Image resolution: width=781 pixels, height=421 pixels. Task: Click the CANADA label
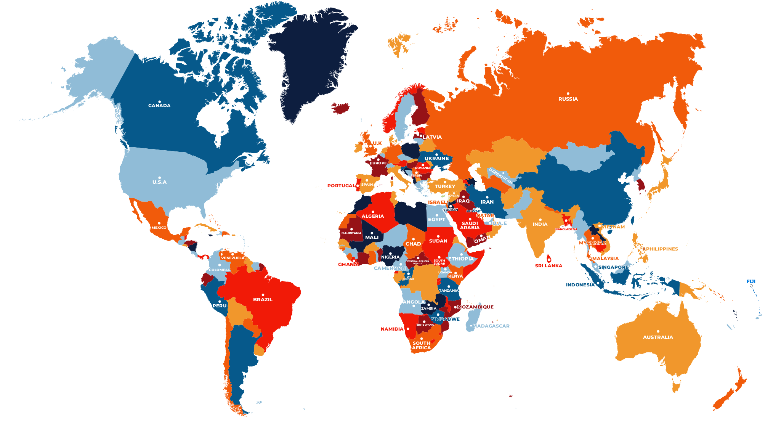pos(159,106)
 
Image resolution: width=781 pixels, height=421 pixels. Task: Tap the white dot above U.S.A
pos(159,178)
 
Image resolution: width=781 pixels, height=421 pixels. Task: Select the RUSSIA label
pos(568,99)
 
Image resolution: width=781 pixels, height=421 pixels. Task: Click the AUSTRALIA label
pos(658,337)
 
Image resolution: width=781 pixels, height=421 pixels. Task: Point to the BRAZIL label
pos(263,300)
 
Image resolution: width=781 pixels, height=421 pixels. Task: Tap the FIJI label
pos(751,281)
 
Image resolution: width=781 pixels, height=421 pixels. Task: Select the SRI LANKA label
pos(548,266)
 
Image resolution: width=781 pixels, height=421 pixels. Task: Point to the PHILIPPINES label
pos(662,249)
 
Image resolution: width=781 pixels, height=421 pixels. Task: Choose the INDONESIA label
pos(580,285)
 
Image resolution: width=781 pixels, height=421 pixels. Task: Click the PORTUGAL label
pos(341,186)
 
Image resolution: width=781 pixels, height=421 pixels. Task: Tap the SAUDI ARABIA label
pos(470,226)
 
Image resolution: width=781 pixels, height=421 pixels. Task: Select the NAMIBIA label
pos(392,329)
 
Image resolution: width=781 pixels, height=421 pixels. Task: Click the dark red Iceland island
pos(341,108)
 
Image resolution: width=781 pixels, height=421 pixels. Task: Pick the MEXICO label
pos(159,228)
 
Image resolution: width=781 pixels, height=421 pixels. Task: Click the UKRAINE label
pos(436,159)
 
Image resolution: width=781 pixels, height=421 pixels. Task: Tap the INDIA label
pos(540,224)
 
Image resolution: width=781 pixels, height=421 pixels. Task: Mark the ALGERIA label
pos(372,216)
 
